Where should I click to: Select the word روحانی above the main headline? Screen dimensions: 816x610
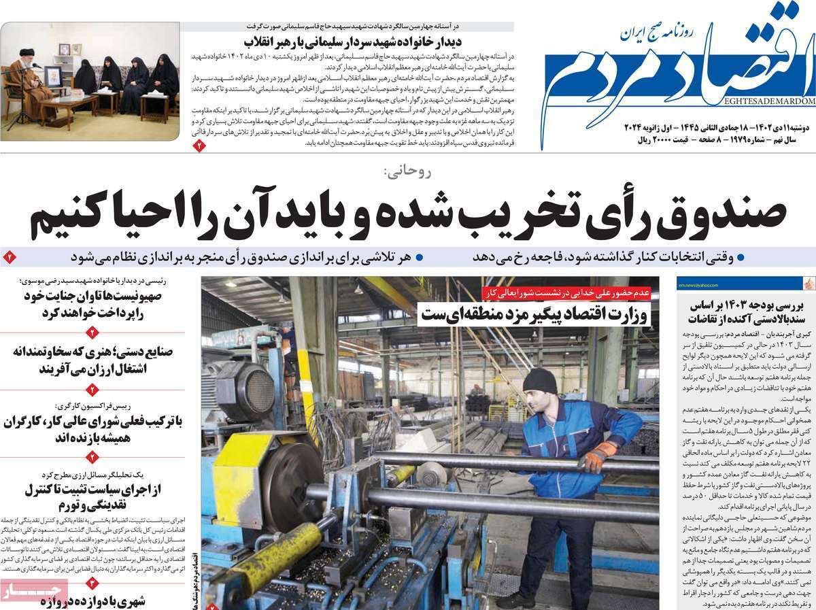click(x=407, y=172)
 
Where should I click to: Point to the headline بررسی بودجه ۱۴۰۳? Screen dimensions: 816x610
click(x=743, y=312)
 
